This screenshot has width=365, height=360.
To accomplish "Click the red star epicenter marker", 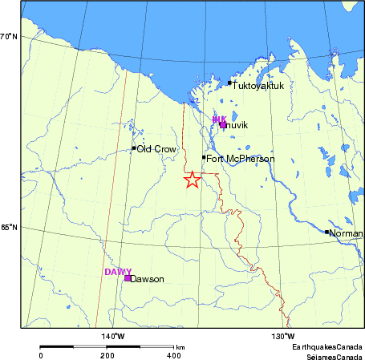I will pos(191,180).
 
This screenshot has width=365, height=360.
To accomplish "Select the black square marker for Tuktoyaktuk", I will pos(229,83).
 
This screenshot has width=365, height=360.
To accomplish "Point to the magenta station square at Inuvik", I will pos(223,124).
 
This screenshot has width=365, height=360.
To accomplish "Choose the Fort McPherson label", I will pos(241,159).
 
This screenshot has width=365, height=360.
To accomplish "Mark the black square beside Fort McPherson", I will pos(204,157).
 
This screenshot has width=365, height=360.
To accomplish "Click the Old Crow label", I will pos(156,149).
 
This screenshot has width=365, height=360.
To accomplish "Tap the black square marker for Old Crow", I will pos(134,148).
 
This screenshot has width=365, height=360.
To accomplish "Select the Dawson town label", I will pos(147,279).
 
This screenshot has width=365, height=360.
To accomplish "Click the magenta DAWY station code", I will pos(118,272).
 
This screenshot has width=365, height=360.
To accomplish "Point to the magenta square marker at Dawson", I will pos(128,278).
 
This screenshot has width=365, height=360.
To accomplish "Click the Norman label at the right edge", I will pos(346,233).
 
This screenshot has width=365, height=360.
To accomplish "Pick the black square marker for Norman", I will pos(326,232).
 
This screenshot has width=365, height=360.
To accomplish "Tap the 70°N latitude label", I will pos(9,36).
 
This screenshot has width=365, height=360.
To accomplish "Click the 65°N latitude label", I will pos(9,227).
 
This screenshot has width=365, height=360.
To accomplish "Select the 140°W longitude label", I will pos(112,335).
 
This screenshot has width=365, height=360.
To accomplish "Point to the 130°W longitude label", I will pos(283,335).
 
